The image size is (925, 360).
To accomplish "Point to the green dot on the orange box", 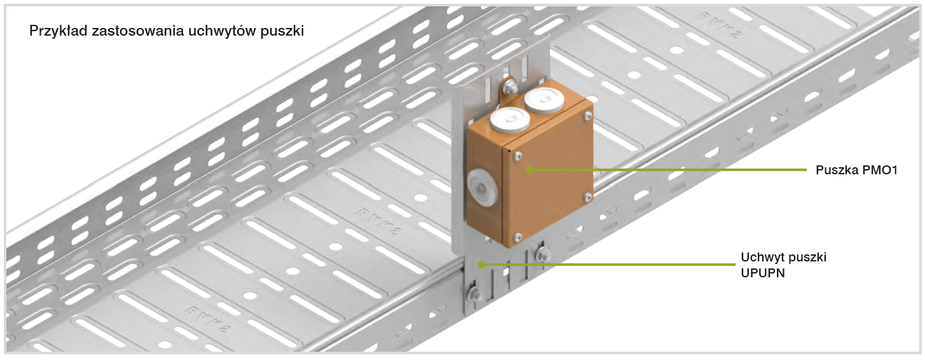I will tap(528, 170).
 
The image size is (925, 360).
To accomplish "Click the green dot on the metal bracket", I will tap(481, 263).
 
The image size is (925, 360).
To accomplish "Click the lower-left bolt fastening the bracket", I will tap(472, 294).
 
